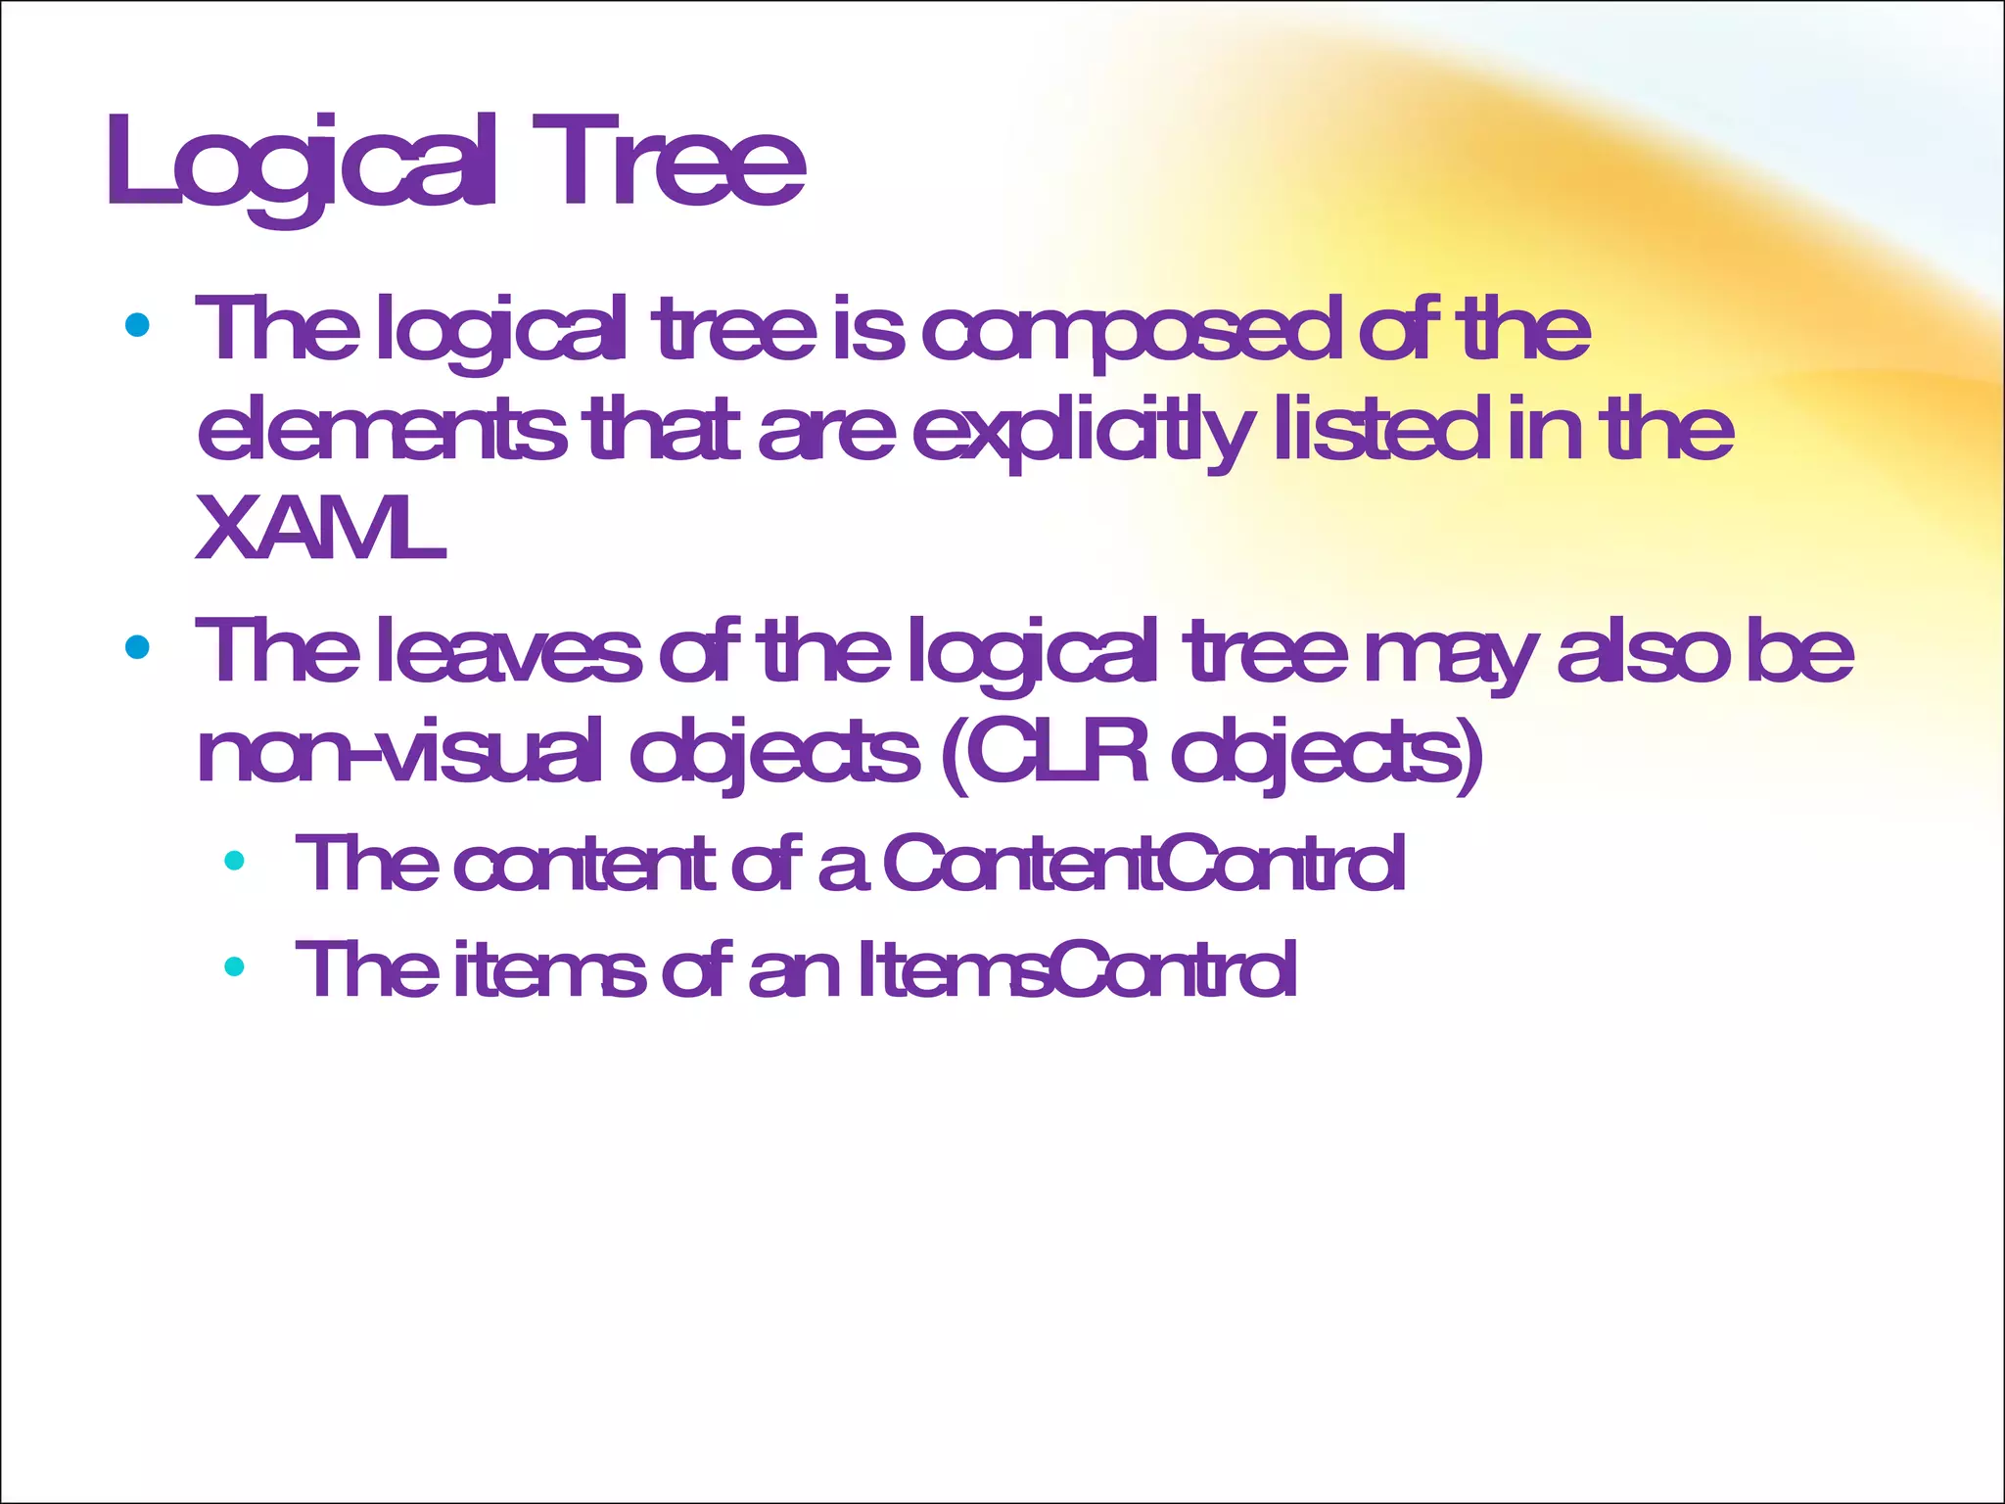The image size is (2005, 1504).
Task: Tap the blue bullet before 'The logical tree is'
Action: pyautogui.click(x=137, y=325)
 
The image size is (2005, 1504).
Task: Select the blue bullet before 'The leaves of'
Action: pyautogui.click(x=137, y=647)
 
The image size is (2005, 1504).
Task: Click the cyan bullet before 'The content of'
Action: pyautogui.click(x=234, y=861)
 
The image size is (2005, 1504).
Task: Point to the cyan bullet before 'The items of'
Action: pyautogui.click(x=234, y=967)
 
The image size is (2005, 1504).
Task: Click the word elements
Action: pyautogui.click(x=382, y=431)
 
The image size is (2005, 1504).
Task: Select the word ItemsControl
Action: pyautogui.click(x=1077, y=969)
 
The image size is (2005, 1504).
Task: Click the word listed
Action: pyautogui.click(x=1380, y=431)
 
